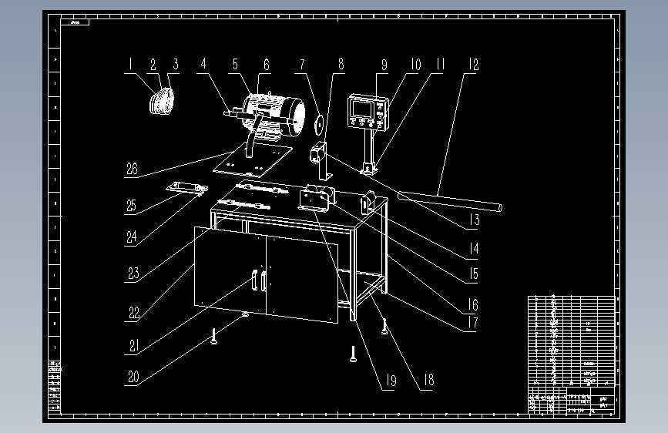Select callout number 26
tap(132, 169)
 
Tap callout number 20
tap(133, 378)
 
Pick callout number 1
tap(131, 65)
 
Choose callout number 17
tap(472, 324)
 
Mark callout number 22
tap(133, 314)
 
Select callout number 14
tap(472, 248)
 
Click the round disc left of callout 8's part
tap(317, 121)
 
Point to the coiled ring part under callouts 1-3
tap(160, 102)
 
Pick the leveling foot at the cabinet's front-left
tap(213, 337)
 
